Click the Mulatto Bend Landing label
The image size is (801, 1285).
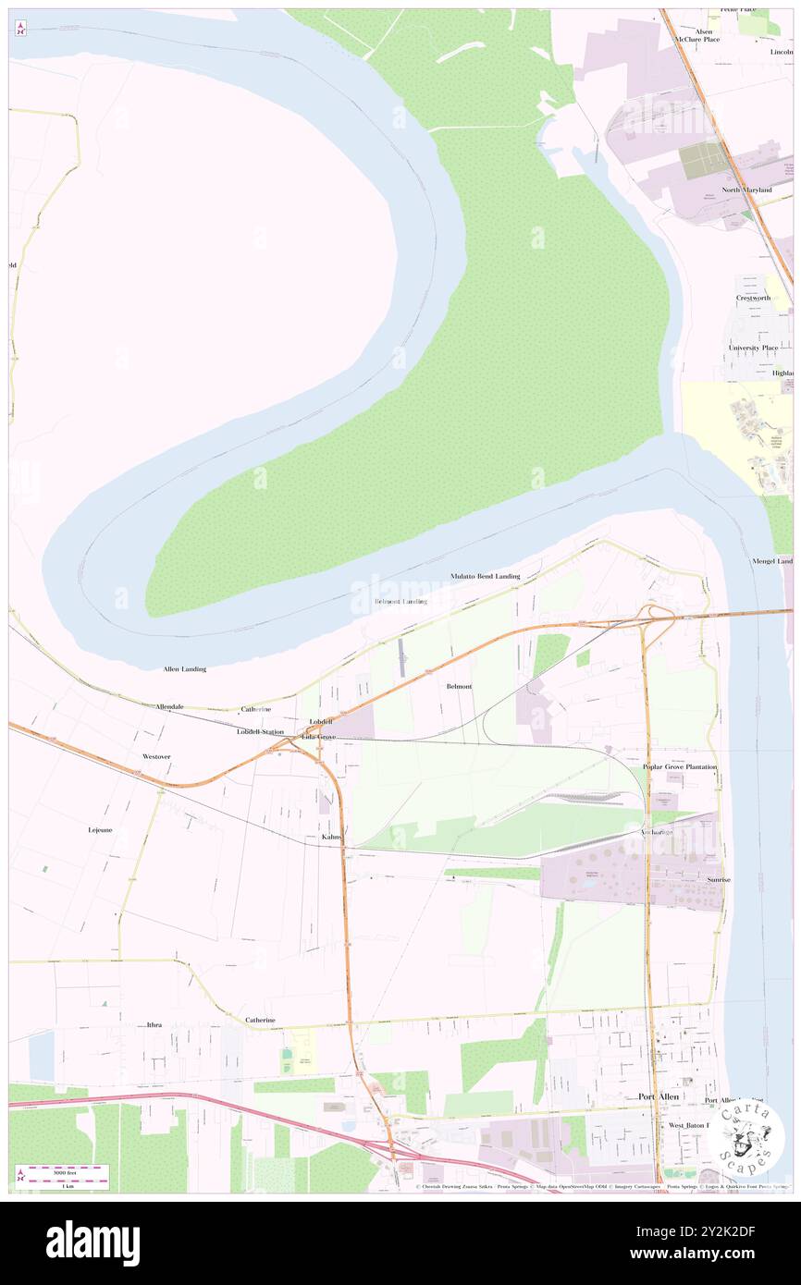(x=485, y=576)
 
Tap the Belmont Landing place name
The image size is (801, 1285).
(x=400, y=602)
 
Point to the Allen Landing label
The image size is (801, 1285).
(x=184, y=668)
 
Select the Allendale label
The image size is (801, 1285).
(x=169, y=706)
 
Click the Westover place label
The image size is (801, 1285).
(x=156, y=756)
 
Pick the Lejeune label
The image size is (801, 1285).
(x=100, y=830)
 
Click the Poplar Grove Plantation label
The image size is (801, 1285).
(x=680, y=767)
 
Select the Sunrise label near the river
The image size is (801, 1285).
(x=718, y=879)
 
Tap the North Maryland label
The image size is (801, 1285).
(x=746, y=190)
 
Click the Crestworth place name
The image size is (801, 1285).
(x=753, y=298)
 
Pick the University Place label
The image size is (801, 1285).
(x=752, y=348)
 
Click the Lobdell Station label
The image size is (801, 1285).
(x=260, y=731)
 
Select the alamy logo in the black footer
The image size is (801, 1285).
(x=92, y=1242)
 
